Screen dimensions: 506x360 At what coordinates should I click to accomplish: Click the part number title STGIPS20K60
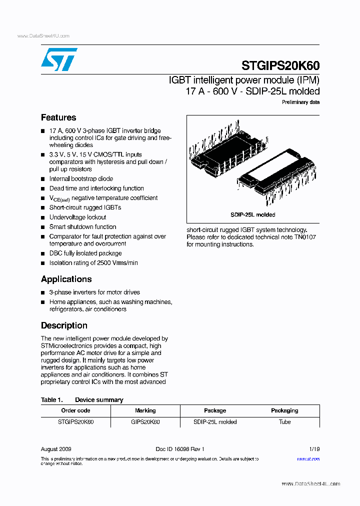280,66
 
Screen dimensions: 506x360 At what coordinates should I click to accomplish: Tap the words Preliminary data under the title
300,102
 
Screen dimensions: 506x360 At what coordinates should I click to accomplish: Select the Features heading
58,117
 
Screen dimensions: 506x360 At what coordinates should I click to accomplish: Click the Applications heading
66,279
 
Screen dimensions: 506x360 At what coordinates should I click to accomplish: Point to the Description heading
64,325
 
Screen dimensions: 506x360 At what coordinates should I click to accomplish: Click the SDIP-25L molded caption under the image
253,214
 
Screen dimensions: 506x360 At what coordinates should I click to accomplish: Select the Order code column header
75,410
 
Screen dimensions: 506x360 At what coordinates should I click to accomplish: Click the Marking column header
145,410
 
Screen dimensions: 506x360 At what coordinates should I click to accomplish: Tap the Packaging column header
284,410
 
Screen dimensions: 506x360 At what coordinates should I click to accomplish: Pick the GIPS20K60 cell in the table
145,422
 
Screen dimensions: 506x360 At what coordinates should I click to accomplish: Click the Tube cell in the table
284,422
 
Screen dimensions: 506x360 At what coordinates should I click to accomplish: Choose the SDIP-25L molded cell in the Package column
215,422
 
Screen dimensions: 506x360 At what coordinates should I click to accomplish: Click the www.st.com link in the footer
308,458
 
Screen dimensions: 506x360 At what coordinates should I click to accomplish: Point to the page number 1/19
314,449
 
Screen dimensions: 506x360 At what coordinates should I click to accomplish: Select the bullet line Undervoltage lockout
77,217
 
